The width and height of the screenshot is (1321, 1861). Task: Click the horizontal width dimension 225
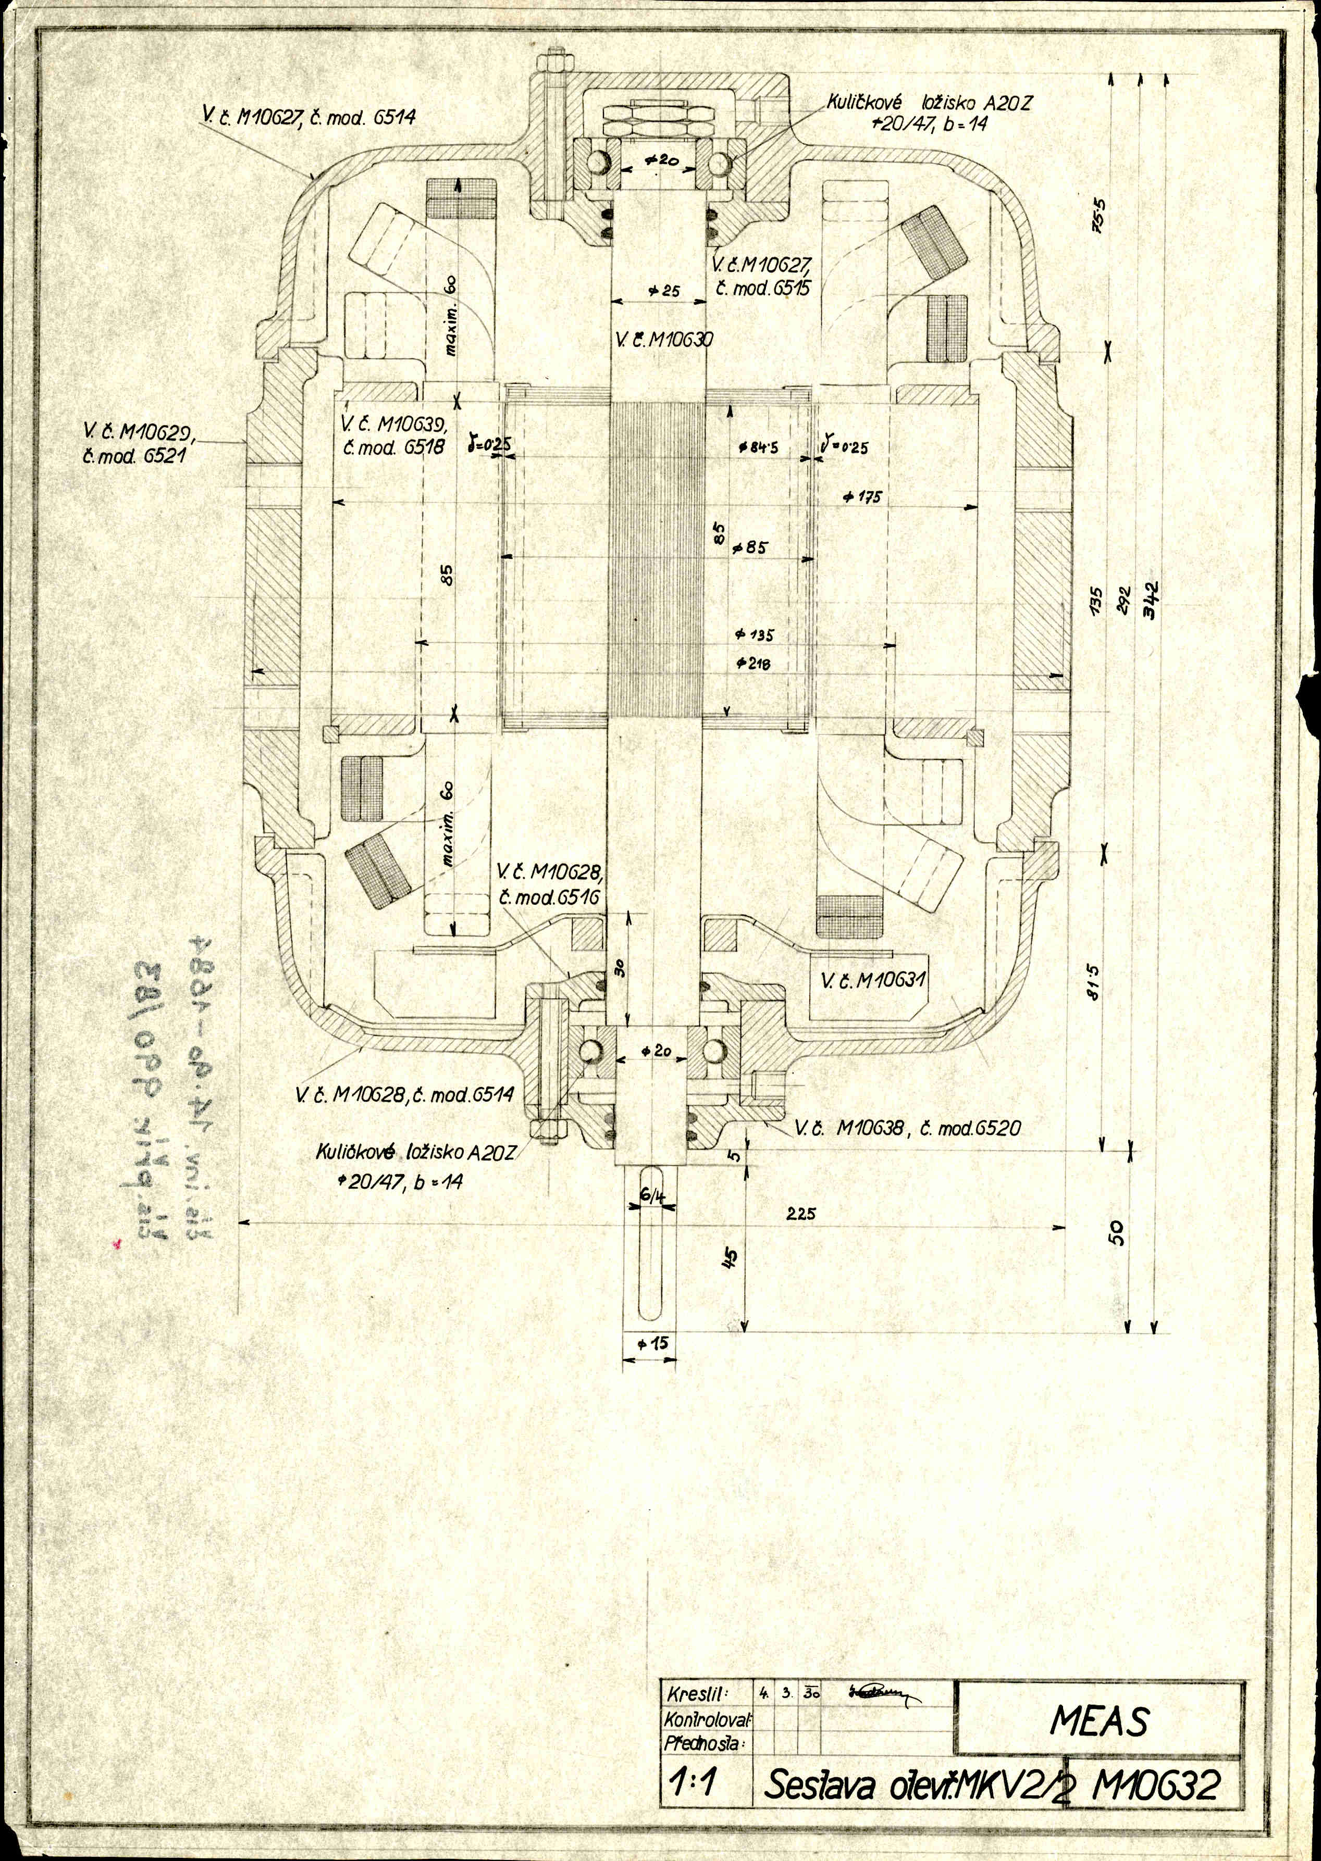pyautogui.click(x=801, y=1214)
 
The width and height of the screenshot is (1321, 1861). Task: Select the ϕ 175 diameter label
pyautogui.click(x=862, y=496)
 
